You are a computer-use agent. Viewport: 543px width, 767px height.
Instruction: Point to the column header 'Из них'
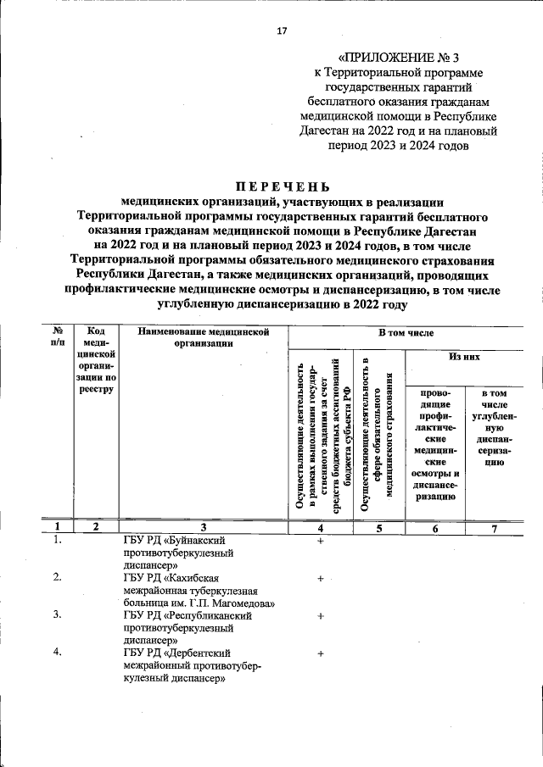pos(464,358)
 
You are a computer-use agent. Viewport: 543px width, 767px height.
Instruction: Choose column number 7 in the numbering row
pos(495,526)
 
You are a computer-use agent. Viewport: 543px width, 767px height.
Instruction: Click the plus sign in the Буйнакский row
pos(321,540)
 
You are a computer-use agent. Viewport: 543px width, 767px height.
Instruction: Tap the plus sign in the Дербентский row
pos(321,653)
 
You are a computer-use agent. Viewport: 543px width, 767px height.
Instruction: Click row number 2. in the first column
pos(57,578)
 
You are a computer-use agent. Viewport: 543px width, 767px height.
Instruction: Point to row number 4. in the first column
pos(57,653)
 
